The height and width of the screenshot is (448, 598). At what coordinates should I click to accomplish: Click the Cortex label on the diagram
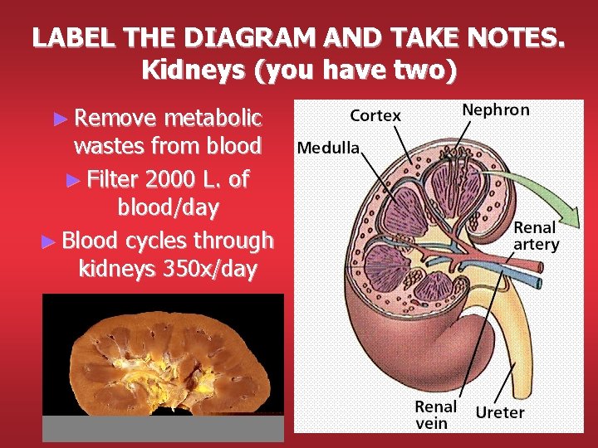pos(375,116)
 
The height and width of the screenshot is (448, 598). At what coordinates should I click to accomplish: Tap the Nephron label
pos(495,110)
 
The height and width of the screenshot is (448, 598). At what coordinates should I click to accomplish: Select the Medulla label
pos(328,149)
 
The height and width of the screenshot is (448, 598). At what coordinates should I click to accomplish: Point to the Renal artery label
pos(536,236)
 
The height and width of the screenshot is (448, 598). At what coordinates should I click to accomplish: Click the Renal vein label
pos(436,415)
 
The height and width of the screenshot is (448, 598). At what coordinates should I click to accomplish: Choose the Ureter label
pos(500,411)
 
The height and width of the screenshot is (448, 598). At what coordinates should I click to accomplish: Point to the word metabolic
pos(213,117)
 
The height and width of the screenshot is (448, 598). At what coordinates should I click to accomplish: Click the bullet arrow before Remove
pos(57,118)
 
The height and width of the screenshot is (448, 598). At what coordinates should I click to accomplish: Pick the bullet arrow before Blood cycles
pos(50,241)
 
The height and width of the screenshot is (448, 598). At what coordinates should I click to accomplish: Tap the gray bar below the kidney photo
pos(163,427)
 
